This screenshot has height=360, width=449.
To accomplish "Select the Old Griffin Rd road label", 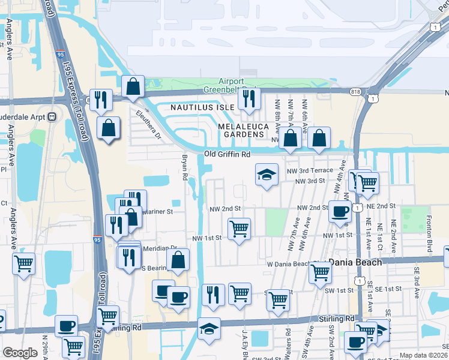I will [227, 154].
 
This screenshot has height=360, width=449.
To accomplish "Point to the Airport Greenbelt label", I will [231, 85].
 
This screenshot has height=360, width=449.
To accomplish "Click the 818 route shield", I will [357, 91].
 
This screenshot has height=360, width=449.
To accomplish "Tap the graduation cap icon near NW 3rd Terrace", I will [267, 175].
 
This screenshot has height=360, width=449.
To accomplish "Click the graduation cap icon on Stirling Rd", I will [209, 328].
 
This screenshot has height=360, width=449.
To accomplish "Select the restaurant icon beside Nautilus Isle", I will [248, 98].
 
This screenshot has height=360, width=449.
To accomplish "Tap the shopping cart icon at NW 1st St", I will [239, 229].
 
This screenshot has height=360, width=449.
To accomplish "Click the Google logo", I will [20, 353].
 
